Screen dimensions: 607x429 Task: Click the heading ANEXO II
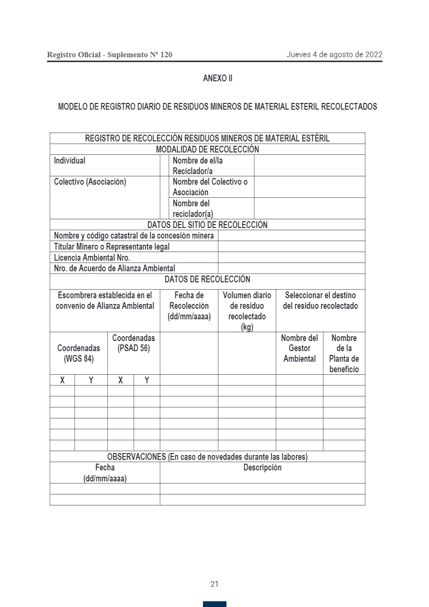pos(217,78)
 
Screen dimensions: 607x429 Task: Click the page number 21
pos(214,584)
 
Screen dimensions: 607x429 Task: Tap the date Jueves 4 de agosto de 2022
pos(334,54)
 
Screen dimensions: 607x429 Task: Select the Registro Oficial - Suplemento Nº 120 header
pos(110,55)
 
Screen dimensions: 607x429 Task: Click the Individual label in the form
pos(70,161)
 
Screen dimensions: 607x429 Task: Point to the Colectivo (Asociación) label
pos(90,182)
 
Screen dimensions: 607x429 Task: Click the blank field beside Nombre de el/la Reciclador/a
pos(309,165)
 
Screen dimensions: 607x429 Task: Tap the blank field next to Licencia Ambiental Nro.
pos(291,257)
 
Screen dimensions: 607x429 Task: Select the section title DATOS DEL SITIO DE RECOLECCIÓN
pos(207,225)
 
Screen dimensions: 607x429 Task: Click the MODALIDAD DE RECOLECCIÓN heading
pos(207,150)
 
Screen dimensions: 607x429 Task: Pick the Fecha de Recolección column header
pos(189,305)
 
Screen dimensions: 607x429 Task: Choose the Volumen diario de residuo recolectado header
pos(247,311)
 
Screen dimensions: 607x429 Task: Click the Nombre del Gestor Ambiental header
pos(299,348)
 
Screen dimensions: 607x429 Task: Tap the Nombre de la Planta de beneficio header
pos(344,354)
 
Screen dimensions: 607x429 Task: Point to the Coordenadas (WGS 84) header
pos(79,353)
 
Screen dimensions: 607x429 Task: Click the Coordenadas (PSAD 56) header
pos(134,343)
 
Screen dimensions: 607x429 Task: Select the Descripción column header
pos(262,468)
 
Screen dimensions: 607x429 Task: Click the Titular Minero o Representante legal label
pos(112,246)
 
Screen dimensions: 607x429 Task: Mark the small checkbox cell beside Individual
pos(164,165)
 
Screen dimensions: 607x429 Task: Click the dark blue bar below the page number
pos(214,604)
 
